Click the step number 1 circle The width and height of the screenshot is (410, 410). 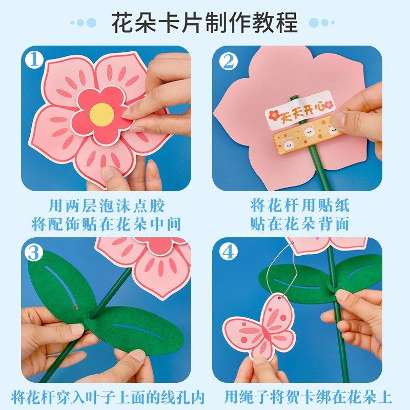[34, 60]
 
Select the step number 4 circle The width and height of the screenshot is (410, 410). [228, 252]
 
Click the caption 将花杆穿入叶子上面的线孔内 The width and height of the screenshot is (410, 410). [108, 397]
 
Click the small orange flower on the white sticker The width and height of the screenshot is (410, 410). [275, 113]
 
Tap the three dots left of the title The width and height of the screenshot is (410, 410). [83, 23]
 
